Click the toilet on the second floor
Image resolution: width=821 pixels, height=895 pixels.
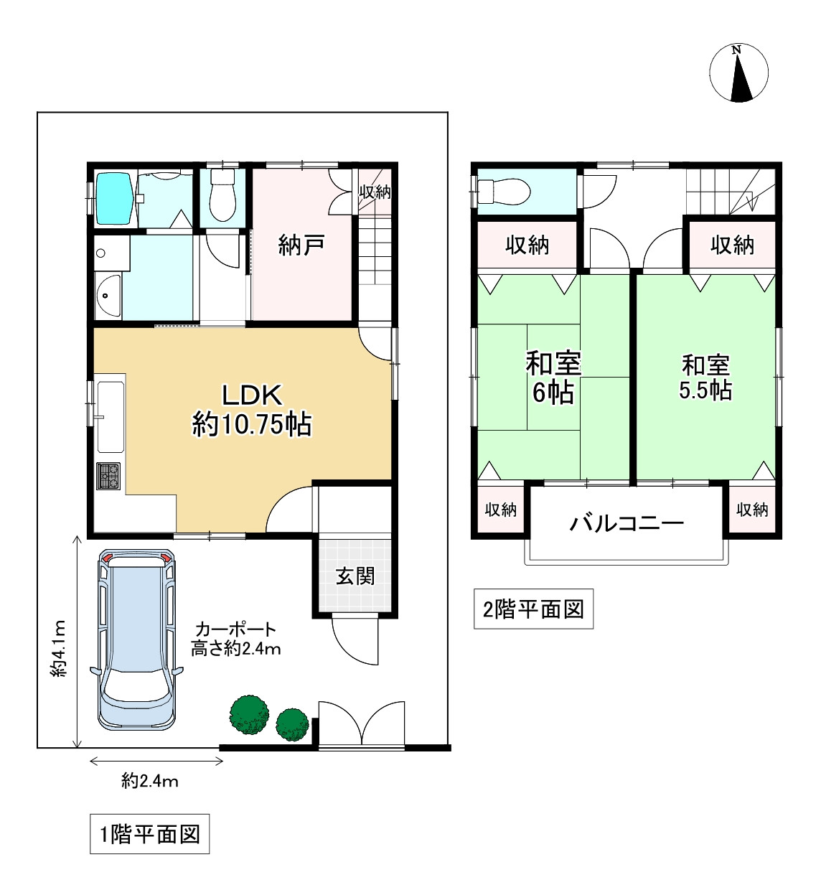pyautogui.click(x=504, y=191)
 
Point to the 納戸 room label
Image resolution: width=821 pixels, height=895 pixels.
pyautogui.click(x=301, y=245)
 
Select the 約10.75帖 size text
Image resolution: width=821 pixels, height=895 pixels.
pyautogui.click(x=252, y=425)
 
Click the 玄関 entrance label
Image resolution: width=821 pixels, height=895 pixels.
pyautogui.click(x=356, y=576)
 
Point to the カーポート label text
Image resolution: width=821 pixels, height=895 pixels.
pyautogui.click(x=235, y=630)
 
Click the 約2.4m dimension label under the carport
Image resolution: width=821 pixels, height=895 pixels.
pyautogui.click(x=150, y=781)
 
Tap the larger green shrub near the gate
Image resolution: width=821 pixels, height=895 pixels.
pyautogui.click(x=249, y=713)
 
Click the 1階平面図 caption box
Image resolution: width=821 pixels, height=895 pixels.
pyautogui.click(x=149, y=835)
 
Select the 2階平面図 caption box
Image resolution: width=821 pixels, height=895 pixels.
pyautogui.click(x=533, y=609)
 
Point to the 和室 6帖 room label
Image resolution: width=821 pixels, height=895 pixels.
pyautogui.click(x=553, y=378)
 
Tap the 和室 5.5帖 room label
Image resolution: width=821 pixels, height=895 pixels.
pyautogui.click(x=705, y=378)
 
